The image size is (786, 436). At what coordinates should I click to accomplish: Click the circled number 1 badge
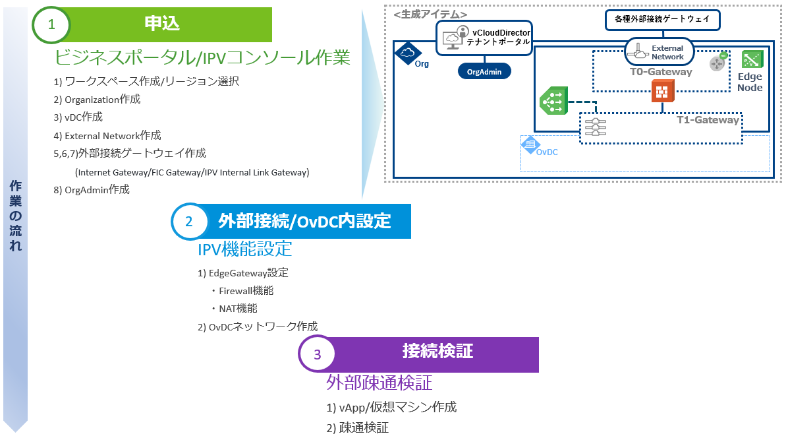pos(51,24)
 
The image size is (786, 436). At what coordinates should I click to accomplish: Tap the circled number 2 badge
pos(189,222)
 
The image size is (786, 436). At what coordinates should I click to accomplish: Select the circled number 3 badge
pos(317,355)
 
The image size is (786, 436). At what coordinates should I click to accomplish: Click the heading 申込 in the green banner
pos(162,24)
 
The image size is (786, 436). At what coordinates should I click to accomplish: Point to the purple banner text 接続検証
pos(437,352)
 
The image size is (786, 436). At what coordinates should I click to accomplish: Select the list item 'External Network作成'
pos(107,136)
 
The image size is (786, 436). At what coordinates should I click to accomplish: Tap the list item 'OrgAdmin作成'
pos(92,189)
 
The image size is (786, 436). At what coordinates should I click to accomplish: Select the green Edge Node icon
pos(751,60)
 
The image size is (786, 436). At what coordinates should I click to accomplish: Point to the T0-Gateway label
pos(656,72)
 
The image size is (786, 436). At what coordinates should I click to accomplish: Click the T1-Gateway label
pos(708,120)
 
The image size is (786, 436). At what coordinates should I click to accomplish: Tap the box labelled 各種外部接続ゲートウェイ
pos(662,20)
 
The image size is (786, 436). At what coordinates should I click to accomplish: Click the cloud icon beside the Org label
pos(407,52)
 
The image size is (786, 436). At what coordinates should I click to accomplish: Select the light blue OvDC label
pos(547,152)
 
